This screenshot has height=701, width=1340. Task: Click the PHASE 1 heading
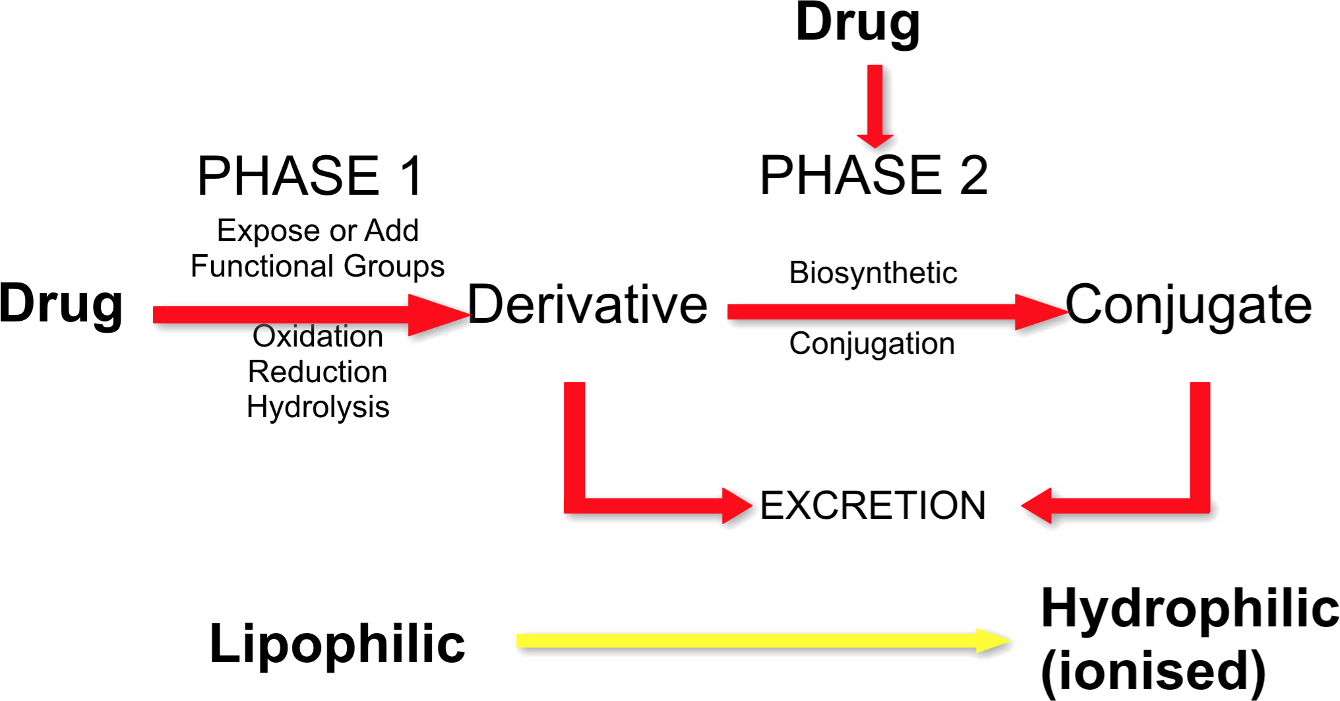(x=310, y=176)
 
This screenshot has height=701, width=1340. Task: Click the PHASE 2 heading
(x=874, y=176)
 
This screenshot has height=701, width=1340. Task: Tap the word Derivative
(x=588, y=304)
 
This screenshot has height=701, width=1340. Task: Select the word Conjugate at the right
(x=1188, y=304)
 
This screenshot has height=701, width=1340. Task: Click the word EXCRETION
(x=872, y=506)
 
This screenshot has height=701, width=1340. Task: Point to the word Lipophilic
(x=337, y=644)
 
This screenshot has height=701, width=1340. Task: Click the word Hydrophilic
(x=1190, y=608)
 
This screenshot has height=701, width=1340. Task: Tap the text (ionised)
(x=1153, y=671)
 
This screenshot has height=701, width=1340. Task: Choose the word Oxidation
(x=318, y=337)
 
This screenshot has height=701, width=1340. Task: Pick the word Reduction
(x=318, y=372)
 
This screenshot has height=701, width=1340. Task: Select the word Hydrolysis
(x=318, y=407)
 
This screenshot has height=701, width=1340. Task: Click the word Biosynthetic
(x=873, y=273)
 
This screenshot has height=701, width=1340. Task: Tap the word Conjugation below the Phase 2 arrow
(x=872, y=344)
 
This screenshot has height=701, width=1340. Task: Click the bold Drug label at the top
(x=857, y=23)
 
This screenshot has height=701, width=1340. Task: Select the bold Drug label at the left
(x=61, y=304)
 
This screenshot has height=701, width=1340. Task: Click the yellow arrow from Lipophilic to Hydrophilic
(x=758, y=640)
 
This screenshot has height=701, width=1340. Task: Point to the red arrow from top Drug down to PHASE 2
(x=875, y=106)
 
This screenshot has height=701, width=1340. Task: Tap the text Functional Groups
(x=318, y=266)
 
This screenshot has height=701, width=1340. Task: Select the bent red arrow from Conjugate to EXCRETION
(x=1200, y=462)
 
